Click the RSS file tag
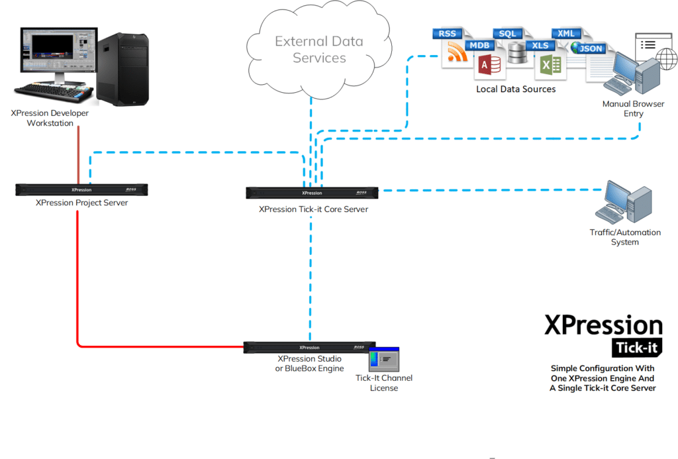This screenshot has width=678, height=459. pos(447,34)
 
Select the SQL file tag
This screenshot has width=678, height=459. pos(507,34)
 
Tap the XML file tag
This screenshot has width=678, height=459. pos(565,33)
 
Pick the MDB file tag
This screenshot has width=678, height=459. pos(479,46)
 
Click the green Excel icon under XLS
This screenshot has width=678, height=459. pos(550,66)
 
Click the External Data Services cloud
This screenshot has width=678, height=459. pos(320,50)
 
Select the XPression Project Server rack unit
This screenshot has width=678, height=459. pos(81,189)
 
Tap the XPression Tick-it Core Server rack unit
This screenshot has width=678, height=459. pos(312,193)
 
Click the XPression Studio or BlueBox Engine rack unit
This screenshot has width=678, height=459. pos(309,347)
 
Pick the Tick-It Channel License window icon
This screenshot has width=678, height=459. pos(384,359)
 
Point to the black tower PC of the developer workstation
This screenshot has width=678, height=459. pos(122,70)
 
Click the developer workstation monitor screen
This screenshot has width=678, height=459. pos(59,50)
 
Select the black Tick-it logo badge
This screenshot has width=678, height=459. pos(637,347)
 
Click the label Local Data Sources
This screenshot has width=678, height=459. pos(516,89)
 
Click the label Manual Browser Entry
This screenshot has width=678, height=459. pos(634,109)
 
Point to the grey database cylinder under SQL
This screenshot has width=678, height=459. pos(517,53)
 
